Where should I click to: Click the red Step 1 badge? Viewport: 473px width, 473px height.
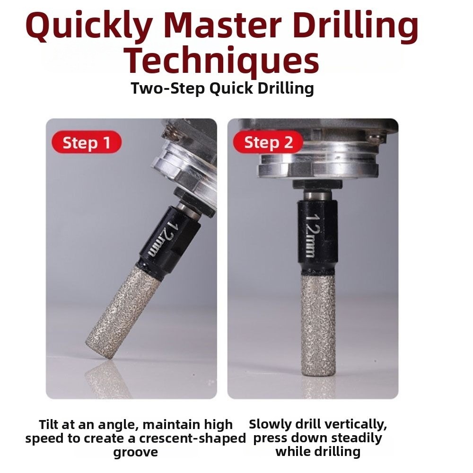[87, 142]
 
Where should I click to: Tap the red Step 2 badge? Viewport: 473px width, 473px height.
[268, 142]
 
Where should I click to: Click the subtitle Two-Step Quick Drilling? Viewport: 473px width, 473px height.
[222, 89]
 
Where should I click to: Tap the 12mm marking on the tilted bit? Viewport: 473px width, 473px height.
[161, 239]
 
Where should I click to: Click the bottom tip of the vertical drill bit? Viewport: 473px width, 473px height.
[318, 375]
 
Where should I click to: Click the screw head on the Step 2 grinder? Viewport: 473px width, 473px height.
[374, 137]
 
